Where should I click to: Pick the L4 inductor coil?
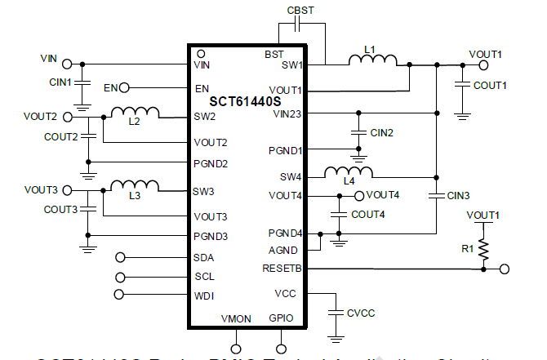click(349, 171)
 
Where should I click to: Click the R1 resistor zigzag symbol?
click(483, 248)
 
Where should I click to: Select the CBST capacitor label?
click(300, 9)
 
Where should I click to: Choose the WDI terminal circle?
click(121, 295)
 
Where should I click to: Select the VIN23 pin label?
click(287, 113)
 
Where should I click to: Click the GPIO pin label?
click(281, 318)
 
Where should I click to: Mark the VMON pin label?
click(237, 318)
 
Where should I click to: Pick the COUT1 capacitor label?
click(491, 85)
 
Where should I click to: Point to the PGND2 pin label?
click(211, 163)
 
